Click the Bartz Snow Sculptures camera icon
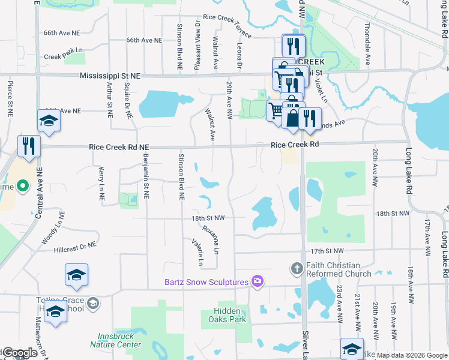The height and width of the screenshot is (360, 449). click(258, 281)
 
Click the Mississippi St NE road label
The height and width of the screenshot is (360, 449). click(110, 76)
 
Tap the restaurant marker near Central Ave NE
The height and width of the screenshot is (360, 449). click(28, 146)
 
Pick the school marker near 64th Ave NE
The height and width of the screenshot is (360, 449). click(49, 121)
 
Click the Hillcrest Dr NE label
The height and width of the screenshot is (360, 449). click(75, 246)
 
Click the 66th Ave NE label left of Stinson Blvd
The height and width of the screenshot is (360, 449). click(144, 40)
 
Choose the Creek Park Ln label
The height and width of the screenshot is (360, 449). click(62, 56)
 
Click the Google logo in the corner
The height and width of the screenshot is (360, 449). click(19, 353)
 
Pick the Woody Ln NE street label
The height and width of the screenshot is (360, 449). click(52, 227)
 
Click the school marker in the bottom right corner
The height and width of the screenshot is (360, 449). click(352, 349)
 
